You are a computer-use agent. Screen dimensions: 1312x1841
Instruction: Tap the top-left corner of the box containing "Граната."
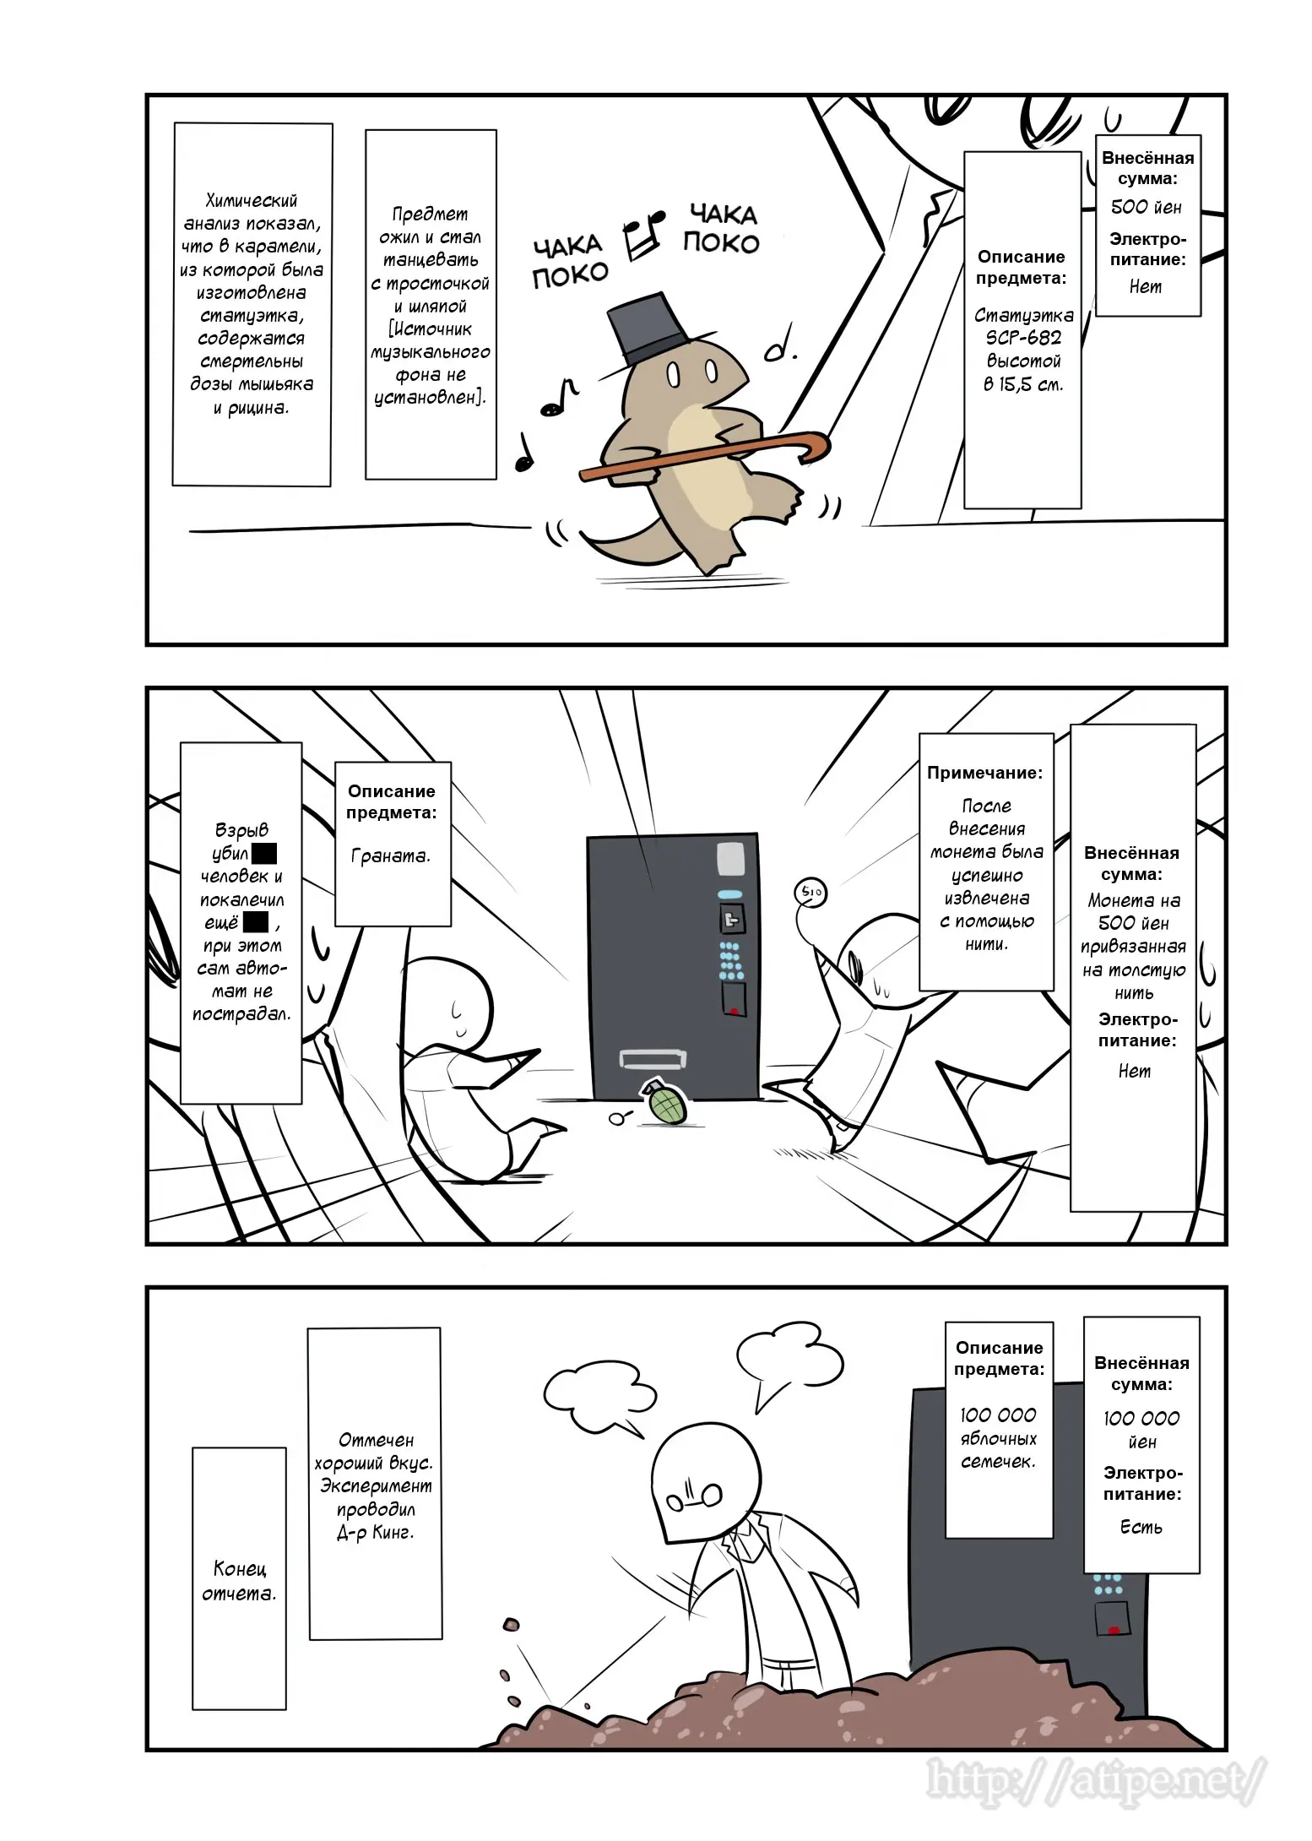coord(335,763)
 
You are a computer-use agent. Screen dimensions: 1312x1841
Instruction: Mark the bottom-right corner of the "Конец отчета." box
coord(286,1709)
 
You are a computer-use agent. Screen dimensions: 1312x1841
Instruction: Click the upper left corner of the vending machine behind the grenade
coord(588,838)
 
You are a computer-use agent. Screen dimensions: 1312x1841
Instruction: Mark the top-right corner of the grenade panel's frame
coord(1226,688)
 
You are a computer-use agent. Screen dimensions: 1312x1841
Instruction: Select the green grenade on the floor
coord(665,1102)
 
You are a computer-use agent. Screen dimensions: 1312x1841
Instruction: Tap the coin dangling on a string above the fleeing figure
coord(809,892)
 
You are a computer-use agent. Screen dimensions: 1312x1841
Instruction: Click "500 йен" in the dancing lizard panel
coord(1146,207)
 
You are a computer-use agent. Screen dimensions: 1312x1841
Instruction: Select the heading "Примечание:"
coord(984,772)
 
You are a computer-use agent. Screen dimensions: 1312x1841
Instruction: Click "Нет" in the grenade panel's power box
coord(1135,1070)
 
